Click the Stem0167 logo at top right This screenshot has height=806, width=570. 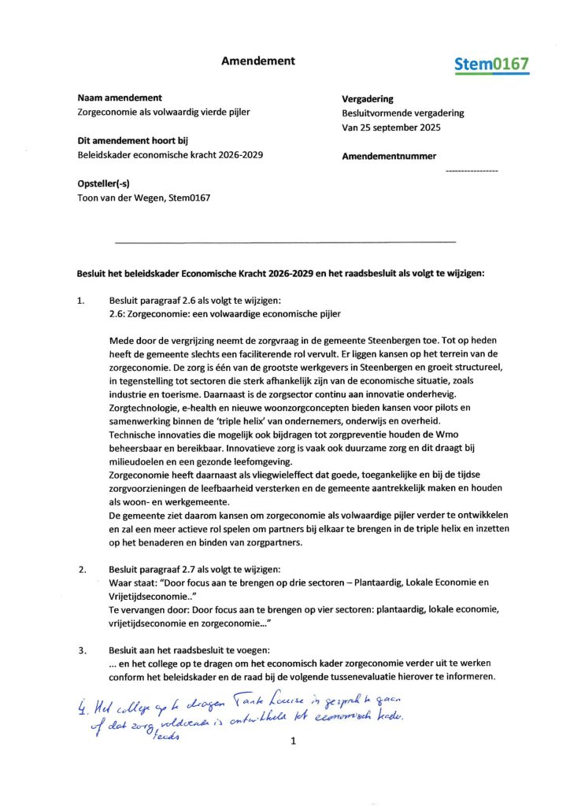click(491, 65)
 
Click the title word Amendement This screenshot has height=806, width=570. click(257, 61)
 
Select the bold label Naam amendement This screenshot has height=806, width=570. click(120, 98)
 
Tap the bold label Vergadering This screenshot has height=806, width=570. click(367, 99)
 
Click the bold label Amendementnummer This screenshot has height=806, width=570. click(388, 157)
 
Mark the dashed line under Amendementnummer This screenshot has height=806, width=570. click(471, 170)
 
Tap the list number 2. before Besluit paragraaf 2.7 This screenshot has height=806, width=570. click(82, 568)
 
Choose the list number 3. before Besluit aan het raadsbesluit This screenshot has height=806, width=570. click(82, 650)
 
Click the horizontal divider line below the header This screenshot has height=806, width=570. click(285, 241)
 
